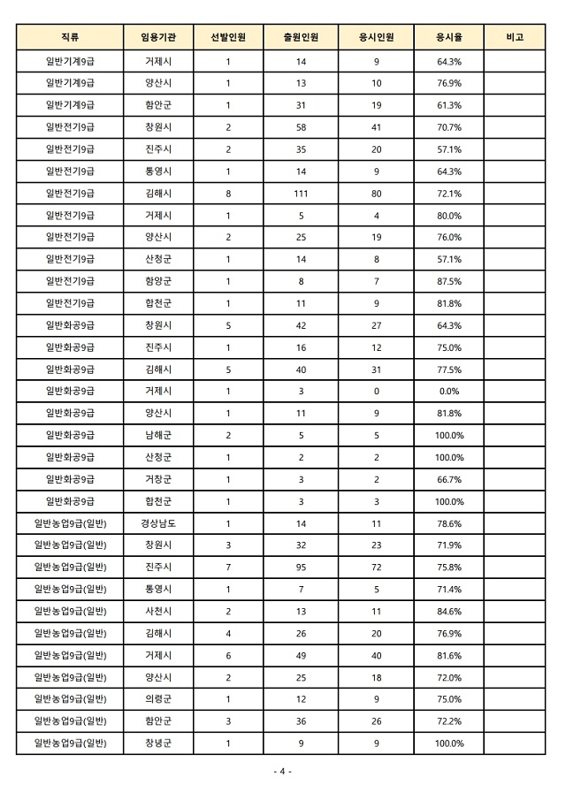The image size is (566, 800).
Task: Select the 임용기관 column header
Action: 158,37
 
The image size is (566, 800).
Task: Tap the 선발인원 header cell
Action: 228,37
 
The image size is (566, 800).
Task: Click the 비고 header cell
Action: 515,37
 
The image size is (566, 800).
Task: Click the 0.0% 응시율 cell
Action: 449,391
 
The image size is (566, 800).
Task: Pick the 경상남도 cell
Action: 158,523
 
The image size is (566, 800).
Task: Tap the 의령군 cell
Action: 158,699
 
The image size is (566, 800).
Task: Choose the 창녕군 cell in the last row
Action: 158,743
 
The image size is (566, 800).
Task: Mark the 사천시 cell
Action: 158,611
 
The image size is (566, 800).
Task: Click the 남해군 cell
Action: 158,435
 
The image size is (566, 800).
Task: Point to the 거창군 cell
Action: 158,479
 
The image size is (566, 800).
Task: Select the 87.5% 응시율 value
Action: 449,281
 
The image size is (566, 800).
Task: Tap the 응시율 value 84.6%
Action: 449,611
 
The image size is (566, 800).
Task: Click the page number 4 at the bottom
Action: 283,772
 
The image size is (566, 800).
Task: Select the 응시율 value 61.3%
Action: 449,105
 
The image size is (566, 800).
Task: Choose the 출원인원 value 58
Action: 301,127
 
